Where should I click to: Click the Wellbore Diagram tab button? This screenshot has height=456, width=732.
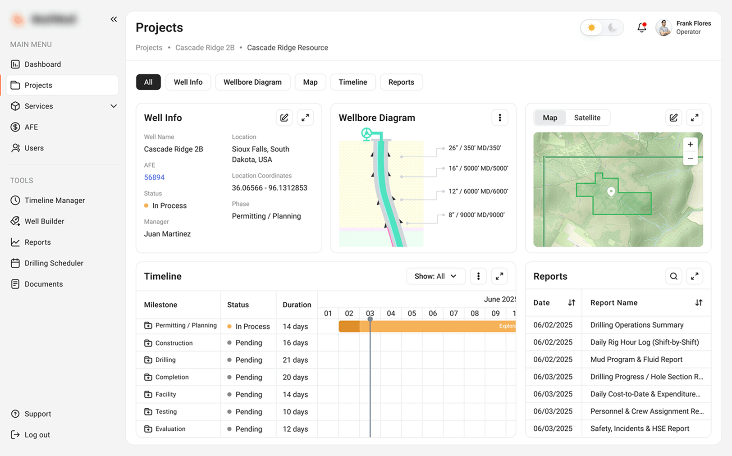tap(252, 82)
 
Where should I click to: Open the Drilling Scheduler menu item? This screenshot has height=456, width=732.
tap(54, 263)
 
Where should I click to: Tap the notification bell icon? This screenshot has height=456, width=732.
tap(641, 27)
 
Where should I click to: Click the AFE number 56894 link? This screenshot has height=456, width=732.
tap(154, 178)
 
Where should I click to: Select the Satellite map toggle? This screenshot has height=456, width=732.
tap(587, 118)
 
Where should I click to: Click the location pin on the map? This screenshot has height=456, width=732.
tap(611, 192)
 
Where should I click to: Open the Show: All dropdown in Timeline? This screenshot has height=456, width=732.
tap(435, 276)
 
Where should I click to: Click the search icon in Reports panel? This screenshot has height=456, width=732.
tap(673, 276)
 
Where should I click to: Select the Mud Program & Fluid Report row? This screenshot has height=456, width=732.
tap(636, 360)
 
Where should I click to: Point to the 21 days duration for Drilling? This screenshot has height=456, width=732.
tap(295, 360)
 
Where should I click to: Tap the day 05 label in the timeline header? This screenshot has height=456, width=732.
tap(412, 313)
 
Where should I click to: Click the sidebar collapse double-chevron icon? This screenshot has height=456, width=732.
tap(114, 19)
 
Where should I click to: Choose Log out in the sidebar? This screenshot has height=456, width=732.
tap(37, 435)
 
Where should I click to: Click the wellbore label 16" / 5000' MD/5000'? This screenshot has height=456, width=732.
tap(478, 169)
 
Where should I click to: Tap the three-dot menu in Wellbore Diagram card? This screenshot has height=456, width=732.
tap(499, 118)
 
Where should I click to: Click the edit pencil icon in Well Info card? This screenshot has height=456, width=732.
tap(284, 118)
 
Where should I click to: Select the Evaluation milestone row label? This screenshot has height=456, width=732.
tap(170, 429)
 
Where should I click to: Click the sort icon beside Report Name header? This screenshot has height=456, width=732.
tap(698, 303)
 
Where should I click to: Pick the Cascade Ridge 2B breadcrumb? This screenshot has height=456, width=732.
tap(205, 48)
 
